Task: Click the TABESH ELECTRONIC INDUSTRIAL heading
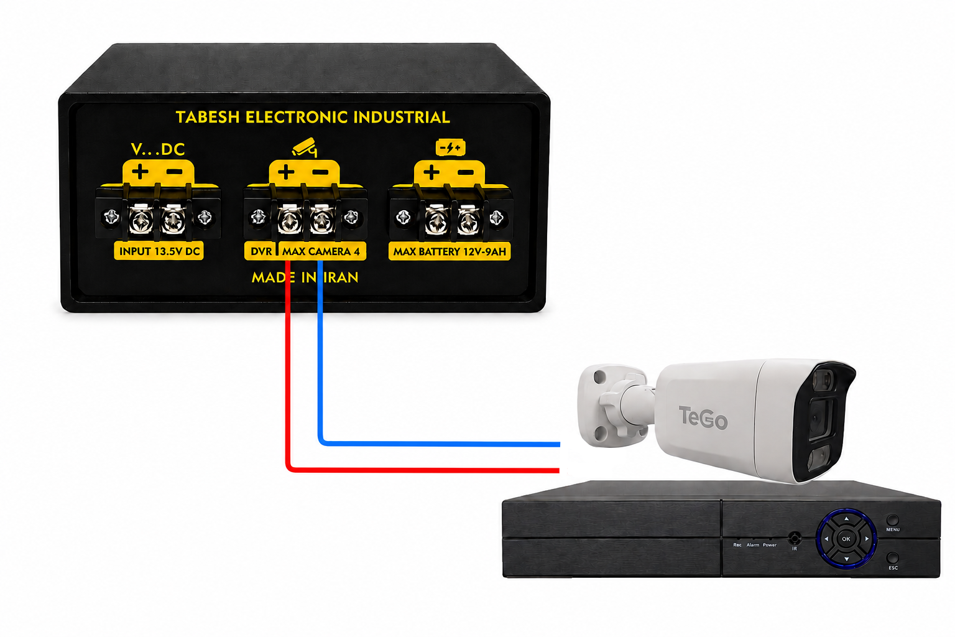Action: coord(313,118)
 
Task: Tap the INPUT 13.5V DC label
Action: coord(159,251)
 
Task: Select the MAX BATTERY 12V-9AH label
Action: coord(450,252)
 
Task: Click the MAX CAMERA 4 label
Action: coord(321,251)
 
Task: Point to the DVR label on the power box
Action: coord(261,251)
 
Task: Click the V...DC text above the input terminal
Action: coord(158,149)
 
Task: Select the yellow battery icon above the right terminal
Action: coord(450,147)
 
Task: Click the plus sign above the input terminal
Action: coord(140,172)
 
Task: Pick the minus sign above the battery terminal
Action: coord(466,172)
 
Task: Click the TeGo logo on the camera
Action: coord(703,417)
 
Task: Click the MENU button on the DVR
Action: coord(892,520)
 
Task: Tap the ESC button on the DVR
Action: coord(892,557)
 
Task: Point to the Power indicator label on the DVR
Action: coord(770,545)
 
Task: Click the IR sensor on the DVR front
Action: coord(794,537)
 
